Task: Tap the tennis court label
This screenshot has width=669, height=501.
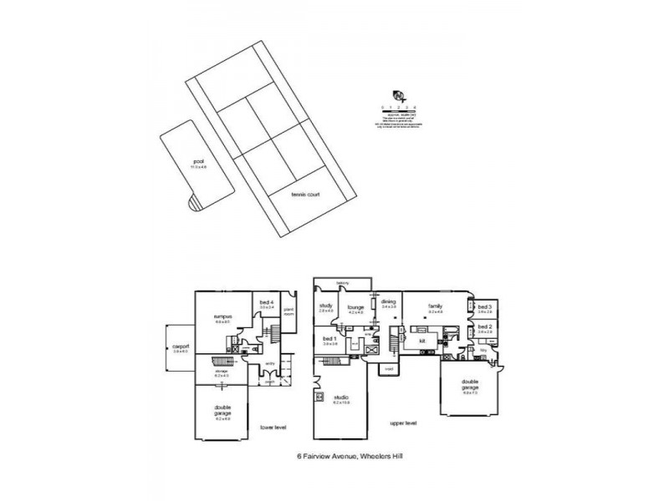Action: pos(306,194)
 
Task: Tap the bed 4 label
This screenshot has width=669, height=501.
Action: pos(266,302)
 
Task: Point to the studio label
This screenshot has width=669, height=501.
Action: pos(340,397)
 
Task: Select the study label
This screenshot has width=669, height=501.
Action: pos(326,306)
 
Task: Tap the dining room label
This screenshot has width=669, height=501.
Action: pos(388,304)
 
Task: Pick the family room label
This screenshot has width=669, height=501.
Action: pos(435,306)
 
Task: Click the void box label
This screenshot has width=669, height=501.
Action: pos(389,368)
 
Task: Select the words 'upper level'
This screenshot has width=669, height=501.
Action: pos(403,423)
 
